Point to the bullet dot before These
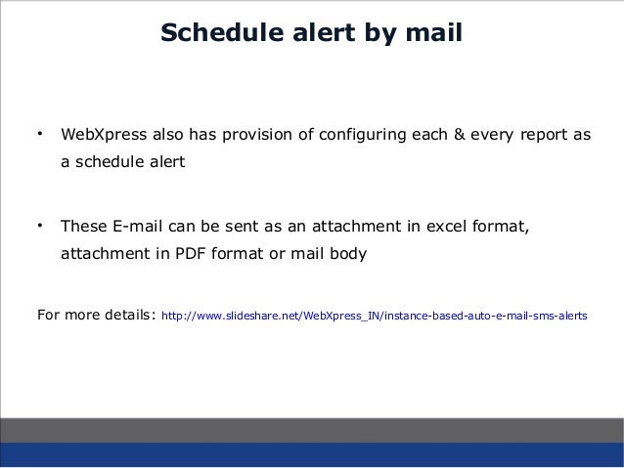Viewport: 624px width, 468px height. coord(39,227)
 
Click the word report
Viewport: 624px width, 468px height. coord(546,134)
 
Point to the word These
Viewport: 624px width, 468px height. coord(84,229)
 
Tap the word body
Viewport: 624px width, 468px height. coord(349,256)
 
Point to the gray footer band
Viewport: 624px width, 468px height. coord(312,429)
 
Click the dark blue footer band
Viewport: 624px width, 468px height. coord(312,454)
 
